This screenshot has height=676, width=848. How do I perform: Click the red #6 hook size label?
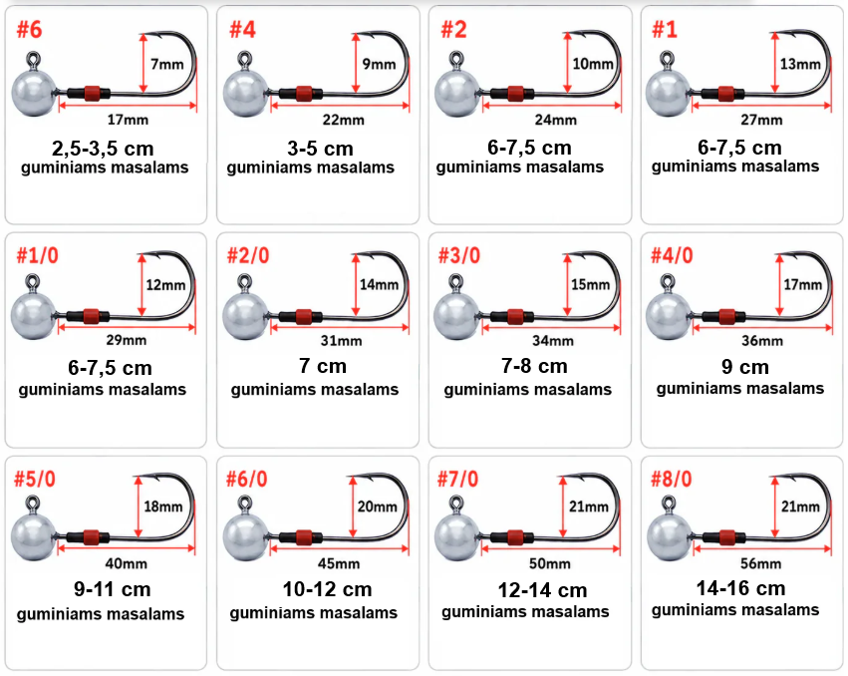coord(29,30)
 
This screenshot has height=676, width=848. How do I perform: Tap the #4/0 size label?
coord(672,255)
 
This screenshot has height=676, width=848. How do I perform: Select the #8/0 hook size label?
coord(672,479)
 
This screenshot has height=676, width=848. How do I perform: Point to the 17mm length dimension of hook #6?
coord(128,120)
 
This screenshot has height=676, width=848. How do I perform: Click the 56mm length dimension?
coord(761,564)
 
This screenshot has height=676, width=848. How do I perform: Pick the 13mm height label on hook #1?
coord(800,65)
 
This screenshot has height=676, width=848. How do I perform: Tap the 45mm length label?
coord(339,564)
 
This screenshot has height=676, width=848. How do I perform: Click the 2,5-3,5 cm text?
coord(103,149)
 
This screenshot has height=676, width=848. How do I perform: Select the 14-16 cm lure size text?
coord(741,588)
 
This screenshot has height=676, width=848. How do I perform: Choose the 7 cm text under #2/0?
coord(323,366)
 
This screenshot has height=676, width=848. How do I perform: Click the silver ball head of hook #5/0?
coord(34,536)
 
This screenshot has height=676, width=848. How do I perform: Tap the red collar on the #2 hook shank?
coord(515,94)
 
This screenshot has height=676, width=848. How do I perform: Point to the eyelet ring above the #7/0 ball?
coord(457,505)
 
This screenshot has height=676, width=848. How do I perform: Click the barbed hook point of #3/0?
coord(569,255)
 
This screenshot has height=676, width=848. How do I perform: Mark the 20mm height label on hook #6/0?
coord(377,507)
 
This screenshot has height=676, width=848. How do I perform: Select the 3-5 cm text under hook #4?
coord(320,149)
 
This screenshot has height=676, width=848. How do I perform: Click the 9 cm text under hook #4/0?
coord(745,367)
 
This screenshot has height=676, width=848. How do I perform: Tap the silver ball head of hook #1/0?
coord(34,316)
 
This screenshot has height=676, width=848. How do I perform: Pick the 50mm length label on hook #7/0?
coord(550,564)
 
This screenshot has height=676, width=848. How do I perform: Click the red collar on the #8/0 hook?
coord(726,537)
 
